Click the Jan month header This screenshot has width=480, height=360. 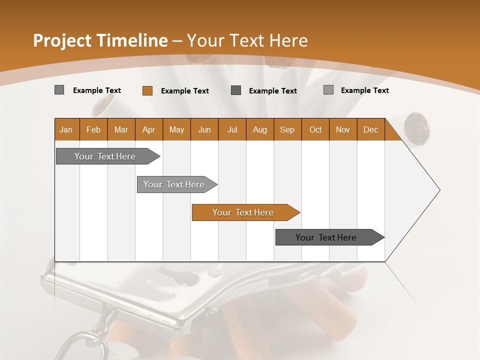tap(66, 129)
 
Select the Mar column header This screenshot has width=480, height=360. tap(121, 129)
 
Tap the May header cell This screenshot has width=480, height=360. tap(176, 129)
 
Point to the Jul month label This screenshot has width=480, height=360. tap(232, 129)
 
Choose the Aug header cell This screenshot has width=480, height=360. tap(259, 129)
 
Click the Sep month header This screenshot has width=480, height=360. tap(287, 129)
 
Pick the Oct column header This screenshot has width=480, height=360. tap(315, 129)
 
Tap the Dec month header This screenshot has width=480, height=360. tap(370, 129)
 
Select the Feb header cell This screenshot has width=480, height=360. tap(93, 129)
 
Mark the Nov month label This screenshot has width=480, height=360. tap(343, 129)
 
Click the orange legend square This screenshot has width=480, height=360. tap(147, 90)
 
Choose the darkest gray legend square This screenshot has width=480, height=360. tap(236, 90)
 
